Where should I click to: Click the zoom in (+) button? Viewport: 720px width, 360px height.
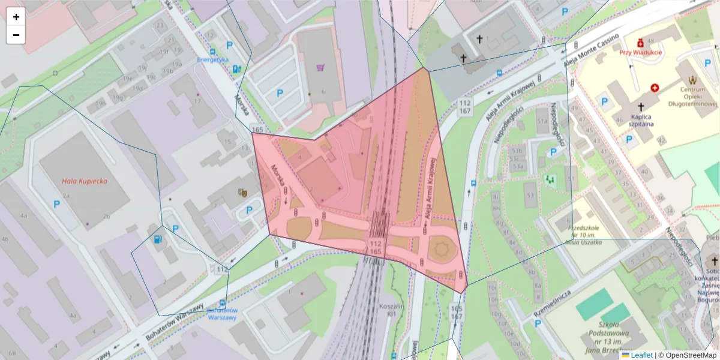[x=16, y=17]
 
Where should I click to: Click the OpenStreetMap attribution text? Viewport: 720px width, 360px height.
[x=690, y=355]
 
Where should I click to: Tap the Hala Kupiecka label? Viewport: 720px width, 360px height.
[x=84, y=181]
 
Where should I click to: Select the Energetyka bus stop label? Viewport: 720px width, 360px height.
[x=214, y=59]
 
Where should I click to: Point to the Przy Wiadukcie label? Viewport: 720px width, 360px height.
[x=641, y=52]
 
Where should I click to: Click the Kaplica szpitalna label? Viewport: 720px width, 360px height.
[x=641, y=120]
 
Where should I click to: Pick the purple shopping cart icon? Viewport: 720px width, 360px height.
[x=320, y=68]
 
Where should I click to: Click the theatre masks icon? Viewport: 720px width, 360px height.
[x=243, y=193]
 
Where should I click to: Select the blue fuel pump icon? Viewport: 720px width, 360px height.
[x=158, y=239]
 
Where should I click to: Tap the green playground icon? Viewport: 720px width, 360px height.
[x=550, y=178]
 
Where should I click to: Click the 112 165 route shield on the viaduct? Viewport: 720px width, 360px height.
[x=376, y=247]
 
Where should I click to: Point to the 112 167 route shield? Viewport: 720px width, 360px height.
[x=465, y=107]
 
